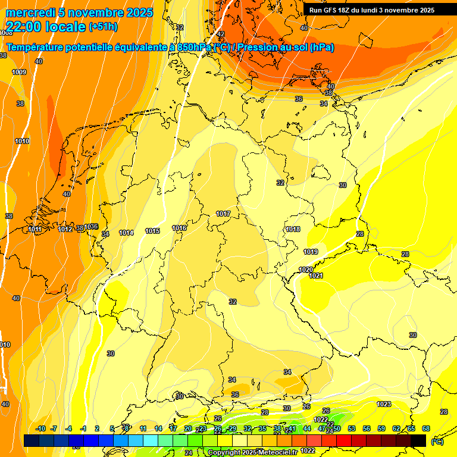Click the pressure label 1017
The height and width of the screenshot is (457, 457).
pos(223,214)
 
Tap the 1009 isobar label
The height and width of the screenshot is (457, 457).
pos(19,72)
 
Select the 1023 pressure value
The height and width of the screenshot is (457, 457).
pos(384,404)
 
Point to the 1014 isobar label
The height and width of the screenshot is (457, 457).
pos(126,233)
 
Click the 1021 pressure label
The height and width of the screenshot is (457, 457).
pos(316,276)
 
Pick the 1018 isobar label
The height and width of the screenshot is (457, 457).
pos(293,229)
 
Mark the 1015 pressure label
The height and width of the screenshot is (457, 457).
pos(152,231)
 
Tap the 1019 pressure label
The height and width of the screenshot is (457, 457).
pos(311,252)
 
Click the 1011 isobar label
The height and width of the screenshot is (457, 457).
pos(35,229)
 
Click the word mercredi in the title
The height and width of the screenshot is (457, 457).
pos(30,12)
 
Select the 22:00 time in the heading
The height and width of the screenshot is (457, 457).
pos(24,27)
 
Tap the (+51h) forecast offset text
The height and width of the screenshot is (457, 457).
pos(103,27)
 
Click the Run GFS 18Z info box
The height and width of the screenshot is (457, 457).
pos(372,10)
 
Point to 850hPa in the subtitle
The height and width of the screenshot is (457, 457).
pos(195,47)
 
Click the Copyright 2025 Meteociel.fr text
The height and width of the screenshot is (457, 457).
pos(252,452)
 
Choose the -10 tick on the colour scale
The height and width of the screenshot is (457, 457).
pos(40,428)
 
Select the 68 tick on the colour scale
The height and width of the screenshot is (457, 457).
pos(426,428)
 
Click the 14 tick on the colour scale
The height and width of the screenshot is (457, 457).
pos(158,428)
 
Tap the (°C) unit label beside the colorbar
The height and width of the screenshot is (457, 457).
pos(437,441)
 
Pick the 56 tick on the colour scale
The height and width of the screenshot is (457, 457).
pos(367,428)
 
